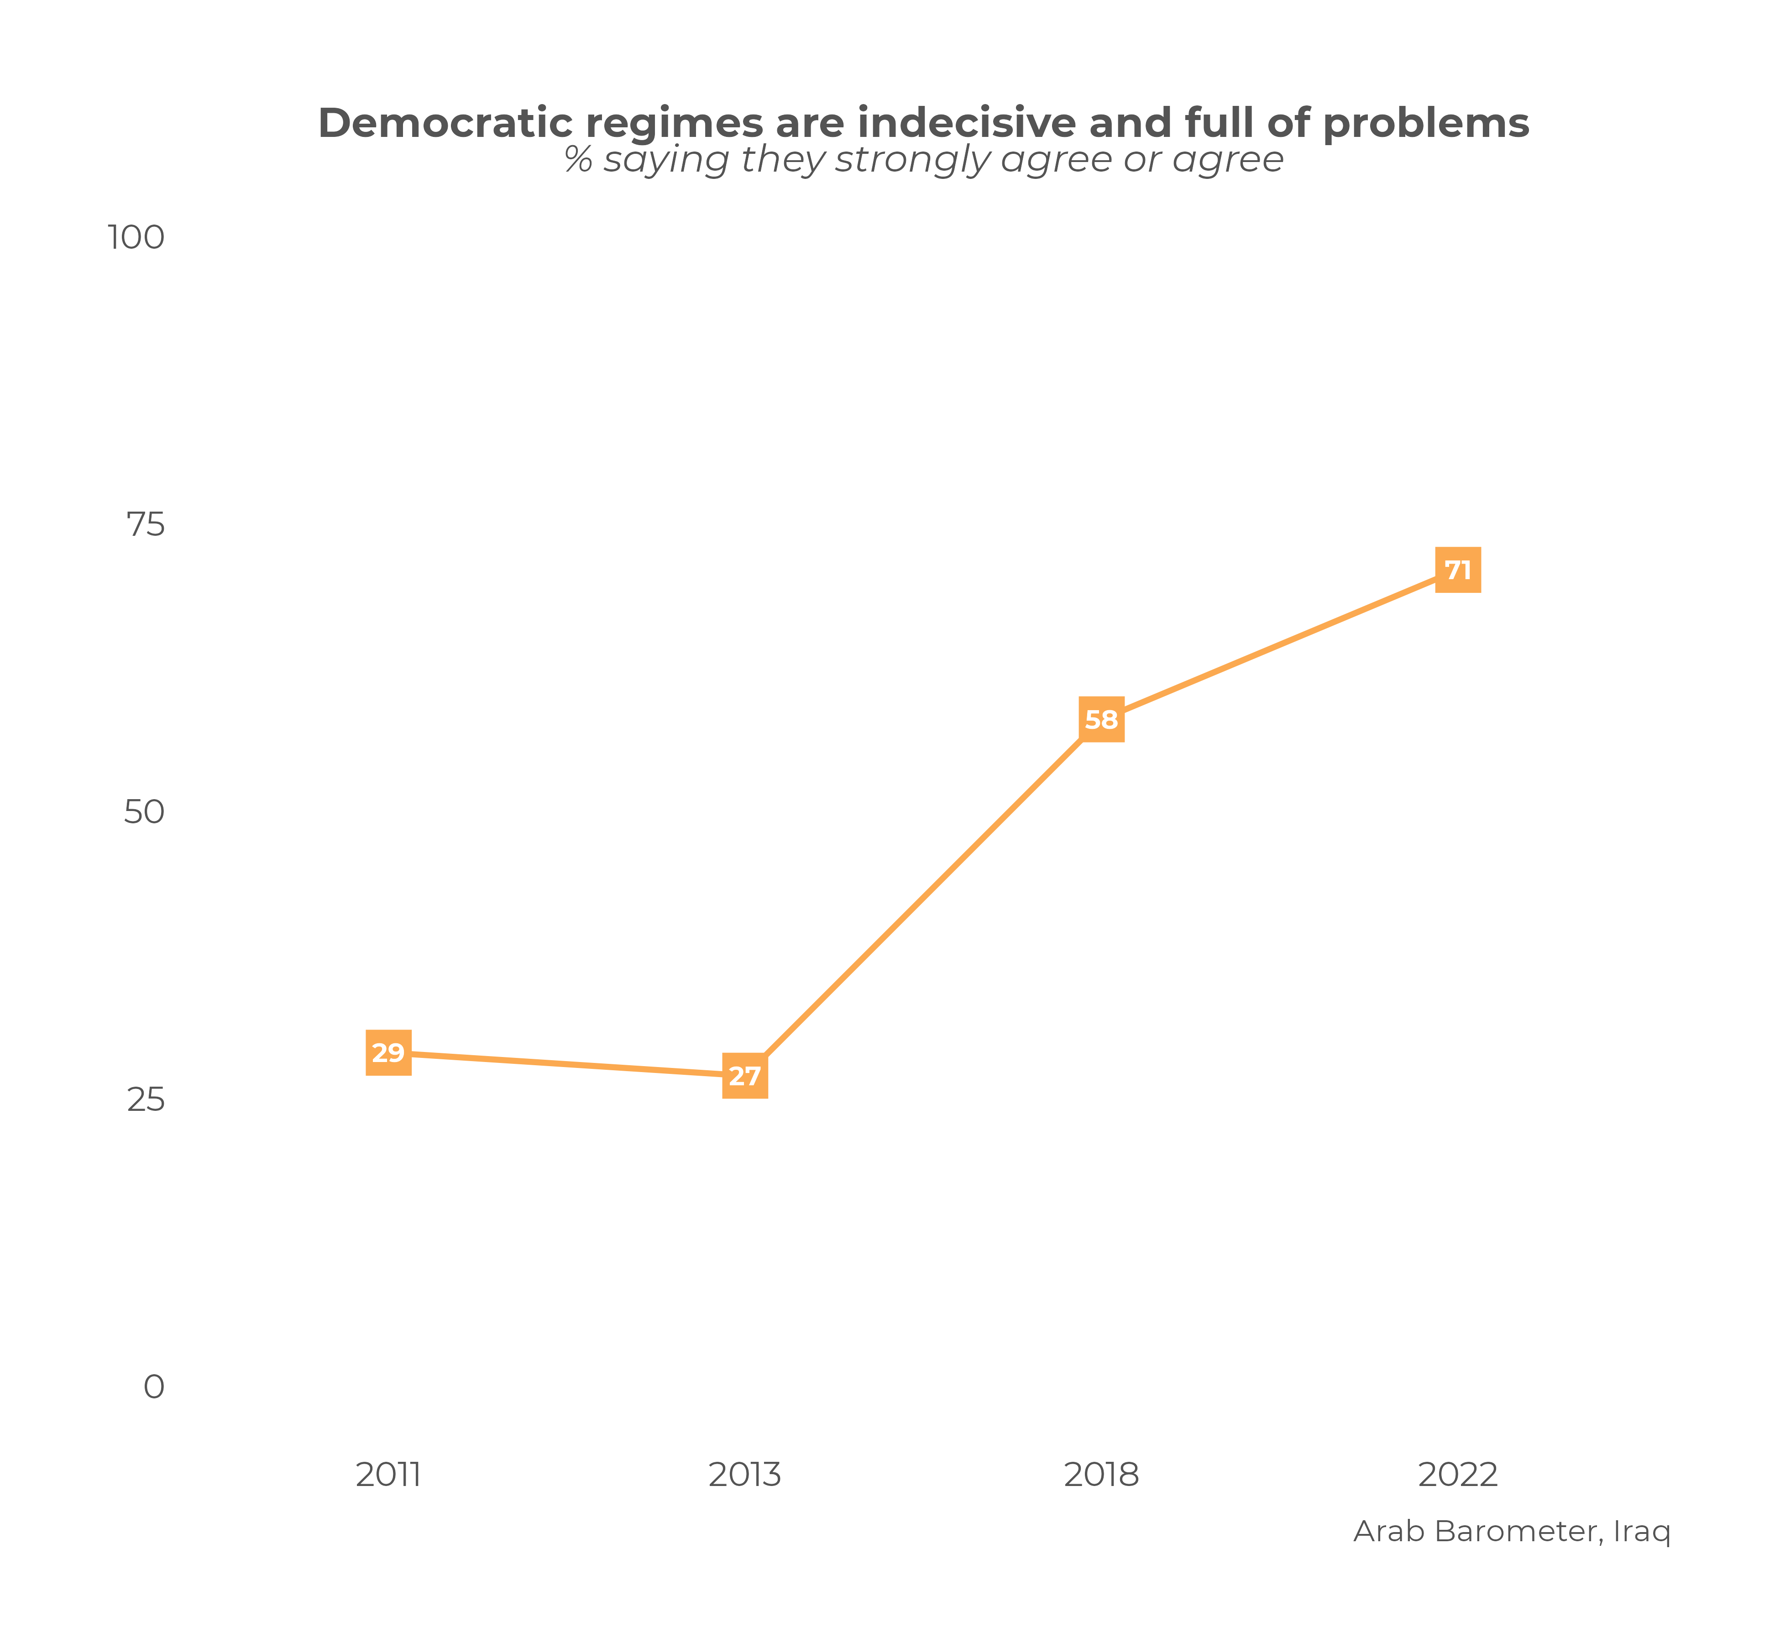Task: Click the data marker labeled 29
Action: point(388,1053)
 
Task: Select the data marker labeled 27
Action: point(745,1077)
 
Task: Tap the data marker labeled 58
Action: point(1102,719)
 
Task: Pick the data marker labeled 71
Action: point(1458,570)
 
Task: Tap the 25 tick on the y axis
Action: point(146,1100)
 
